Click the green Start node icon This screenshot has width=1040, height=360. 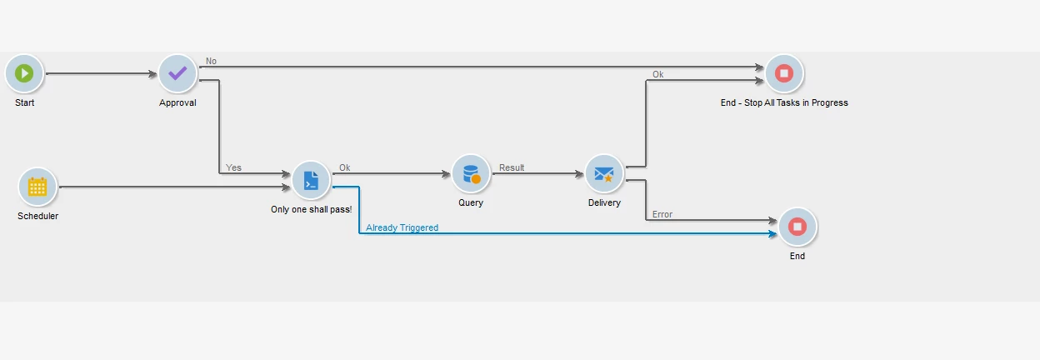24,73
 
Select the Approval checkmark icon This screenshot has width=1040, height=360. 177,73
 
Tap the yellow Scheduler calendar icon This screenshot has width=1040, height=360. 37,187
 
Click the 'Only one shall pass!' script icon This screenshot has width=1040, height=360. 311,180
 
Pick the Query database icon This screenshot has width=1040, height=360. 471,174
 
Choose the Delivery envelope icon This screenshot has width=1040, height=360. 604,174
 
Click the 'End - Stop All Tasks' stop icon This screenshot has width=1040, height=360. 784,73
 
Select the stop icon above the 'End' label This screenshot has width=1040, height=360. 797,227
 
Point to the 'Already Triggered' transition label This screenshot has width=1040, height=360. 402,227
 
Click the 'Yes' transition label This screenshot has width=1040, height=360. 233,167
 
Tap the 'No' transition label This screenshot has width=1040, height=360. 211,61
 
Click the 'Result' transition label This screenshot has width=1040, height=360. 512,167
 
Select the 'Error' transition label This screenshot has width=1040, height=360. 662,214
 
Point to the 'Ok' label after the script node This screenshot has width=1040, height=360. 344,167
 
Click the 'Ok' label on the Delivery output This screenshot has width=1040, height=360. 657,74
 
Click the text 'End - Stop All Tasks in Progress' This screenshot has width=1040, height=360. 784,103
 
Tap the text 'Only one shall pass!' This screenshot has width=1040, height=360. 311,209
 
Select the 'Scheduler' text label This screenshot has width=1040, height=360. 37,217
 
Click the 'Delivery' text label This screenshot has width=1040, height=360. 604,203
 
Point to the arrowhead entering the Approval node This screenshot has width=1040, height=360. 153,74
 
